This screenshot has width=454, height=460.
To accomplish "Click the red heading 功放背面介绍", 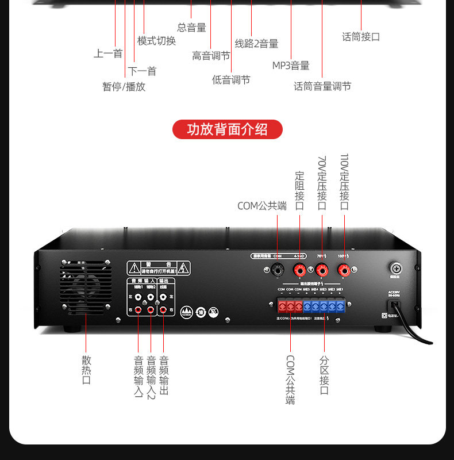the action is tap(228, 129).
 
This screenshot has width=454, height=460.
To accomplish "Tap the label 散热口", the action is tap(87, 370).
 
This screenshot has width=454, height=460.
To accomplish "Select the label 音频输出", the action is tap(164, 375).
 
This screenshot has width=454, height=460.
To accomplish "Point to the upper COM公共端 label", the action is tap(261, 206).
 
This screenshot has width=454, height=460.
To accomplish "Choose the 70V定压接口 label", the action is tap(322, 182).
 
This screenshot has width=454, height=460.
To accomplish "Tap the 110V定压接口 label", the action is tap(344, 182).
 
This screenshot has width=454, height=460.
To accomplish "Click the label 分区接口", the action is tap(324, 375).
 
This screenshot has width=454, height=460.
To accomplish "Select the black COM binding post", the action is tap(278, 269).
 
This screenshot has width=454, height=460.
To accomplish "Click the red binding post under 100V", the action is tap(344, 269).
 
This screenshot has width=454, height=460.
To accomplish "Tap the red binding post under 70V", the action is tap(321, 269).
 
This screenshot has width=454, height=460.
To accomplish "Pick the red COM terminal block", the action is tap(290, 306).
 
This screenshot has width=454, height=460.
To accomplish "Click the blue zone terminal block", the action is tap(324, 306).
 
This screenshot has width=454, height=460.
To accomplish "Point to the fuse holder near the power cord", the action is tap(397, 268).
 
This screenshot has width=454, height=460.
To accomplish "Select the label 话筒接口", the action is tap(361, 37).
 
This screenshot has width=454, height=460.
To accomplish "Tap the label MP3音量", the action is tap(291, 66).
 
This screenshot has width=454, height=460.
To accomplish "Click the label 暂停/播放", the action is tap(124, 87).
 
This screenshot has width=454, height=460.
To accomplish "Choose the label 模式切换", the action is tap(156, 41).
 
